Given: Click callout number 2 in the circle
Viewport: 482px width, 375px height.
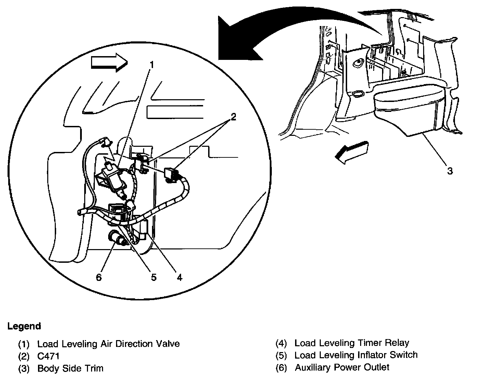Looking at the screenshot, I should pyautogui.click(x=233, y=117).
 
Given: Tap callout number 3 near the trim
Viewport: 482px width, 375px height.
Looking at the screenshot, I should pyautogui.click(x=450, y=171).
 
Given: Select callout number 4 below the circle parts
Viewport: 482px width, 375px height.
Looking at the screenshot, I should pyautogui.click(x=179, y=277).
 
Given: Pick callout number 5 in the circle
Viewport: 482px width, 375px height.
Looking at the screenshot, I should pyautogui.click(x=153, y=277).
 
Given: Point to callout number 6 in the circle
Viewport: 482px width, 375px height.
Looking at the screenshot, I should pyautogui.click(x=99, y=277).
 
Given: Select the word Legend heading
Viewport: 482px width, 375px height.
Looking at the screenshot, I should pyautogui.click(x=24, y=326).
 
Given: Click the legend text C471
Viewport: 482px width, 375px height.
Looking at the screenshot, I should pyautogui.click(x=48, y=356).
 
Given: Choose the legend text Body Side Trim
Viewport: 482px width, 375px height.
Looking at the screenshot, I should pyautogui.click(x=70, y=368).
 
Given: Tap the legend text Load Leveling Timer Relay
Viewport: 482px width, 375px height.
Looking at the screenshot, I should pyautogui.click(x=352, y=343).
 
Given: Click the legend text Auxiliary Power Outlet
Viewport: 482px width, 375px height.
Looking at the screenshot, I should pyautogui.click(x=342, y=367).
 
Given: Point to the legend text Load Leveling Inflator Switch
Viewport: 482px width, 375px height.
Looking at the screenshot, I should pyautogui.click(x=356, y=355).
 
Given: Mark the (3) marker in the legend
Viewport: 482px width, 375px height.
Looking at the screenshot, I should pyautogui.click(x=24, y=368).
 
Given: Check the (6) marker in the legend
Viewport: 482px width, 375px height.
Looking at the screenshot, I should pyautogui.click(x=281, y=367).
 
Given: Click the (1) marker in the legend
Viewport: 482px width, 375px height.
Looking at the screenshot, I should pyautogui.click(x=24, y=344).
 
